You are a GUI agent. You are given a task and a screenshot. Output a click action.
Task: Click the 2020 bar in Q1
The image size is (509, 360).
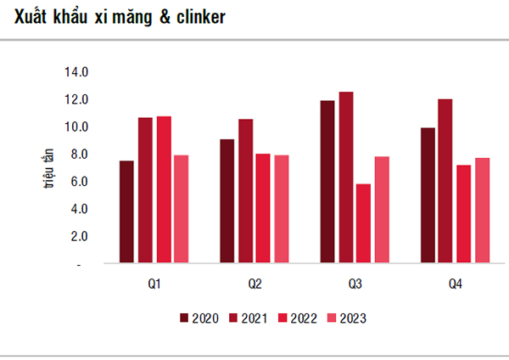tap(126, 212)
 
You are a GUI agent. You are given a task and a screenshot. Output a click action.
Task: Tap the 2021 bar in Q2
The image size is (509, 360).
tap(245, 192)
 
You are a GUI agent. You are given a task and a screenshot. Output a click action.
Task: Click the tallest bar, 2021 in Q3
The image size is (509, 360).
tap(345, 178)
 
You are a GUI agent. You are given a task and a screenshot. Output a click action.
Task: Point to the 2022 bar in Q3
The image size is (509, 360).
tap(364, 224)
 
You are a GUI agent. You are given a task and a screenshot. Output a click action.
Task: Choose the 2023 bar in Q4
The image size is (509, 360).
tap(484, 211)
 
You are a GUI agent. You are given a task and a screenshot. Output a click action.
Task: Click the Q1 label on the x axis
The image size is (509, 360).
tap(154, 283)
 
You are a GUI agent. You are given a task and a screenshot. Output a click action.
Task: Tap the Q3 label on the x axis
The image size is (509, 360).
tap(355, 283)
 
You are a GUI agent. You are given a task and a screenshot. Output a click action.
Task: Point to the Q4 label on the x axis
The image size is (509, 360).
tap(455, 283)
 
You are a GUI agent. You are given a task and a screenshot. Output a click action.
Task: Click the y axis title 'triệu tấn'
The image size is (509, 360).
tap(49, 167)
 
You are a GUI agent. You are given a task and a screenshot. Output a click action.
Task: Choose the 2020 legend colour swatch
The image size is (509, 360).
tap(184, 318)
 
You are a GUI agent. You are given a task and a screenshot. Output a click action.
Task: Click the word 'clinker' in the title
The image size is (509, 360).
tap(199, 17)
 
